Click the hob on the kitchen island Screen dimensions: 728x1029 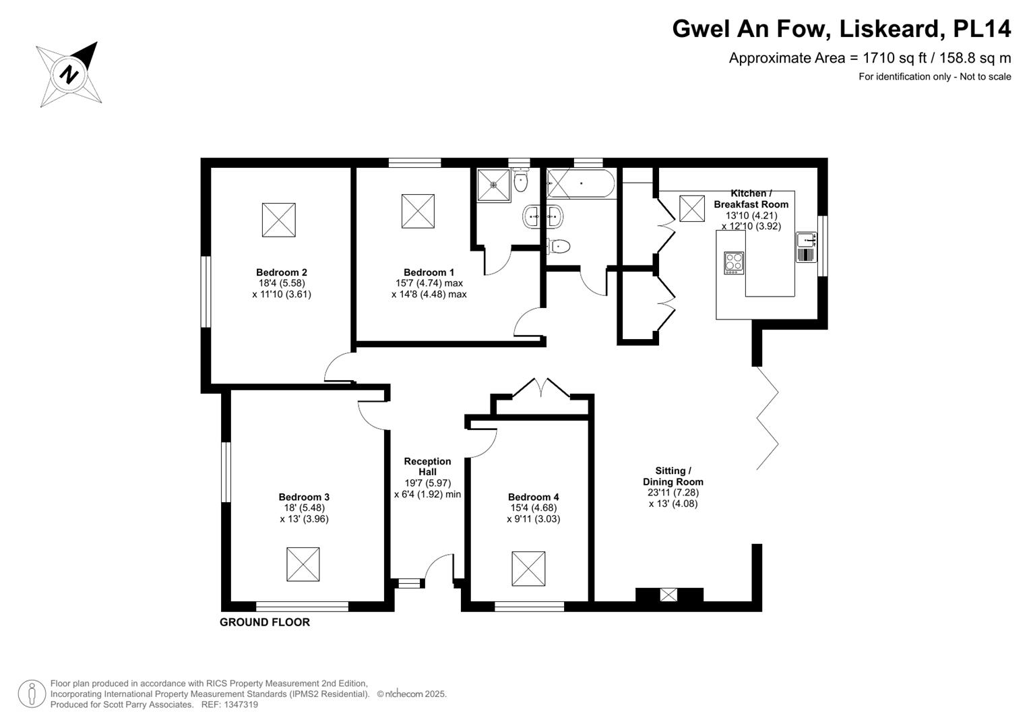(734, 262)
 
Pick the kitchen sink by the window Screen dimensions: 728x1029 (806, 240)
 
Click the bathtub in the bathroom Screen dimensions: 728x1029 (580, 183)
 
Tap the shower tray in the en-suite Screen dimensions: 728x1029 (493, 185)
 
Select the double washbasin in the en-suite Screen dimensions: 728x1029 (542, 216)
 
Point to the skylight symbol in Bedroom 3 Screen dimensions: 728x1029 (303, 564)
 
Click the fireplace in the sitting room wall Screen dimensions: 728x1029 (668, 595)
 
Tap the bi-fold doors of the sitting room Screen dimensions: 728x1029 (768, 418)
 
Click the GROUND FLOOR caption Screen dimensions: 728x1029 (264, 622)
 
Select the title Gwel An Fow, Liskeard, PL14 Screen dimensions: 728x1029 (841, 28)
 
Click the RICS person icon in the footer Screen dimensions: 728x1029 (32, 694)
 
